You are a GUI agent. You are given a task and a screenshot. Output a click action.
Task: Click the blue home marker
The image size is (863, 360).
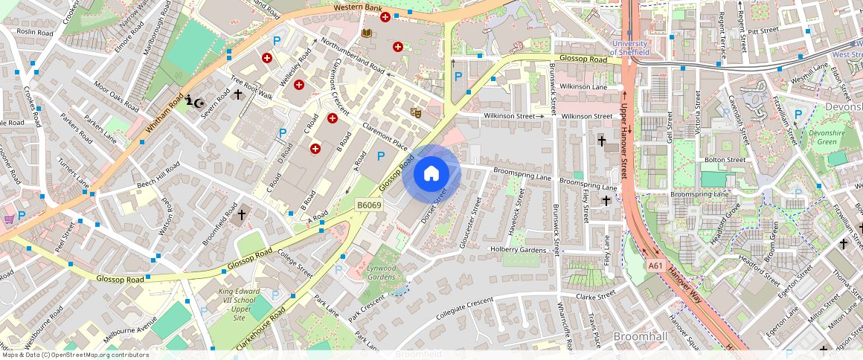pyautogui.click(x=431, y=175)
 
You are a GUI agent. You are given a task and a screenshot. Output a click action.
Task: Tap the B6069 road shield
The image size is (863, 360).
pyautogui.click(x=369, y=205)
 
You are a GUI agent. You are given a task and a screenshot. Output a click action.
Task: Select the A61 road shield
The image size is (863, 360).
pyautogui.click(x=654, y=266)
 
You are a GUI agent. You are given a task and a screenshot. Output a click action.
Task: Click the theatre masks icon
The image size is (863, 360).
pyautogui.click(x=416, y=112)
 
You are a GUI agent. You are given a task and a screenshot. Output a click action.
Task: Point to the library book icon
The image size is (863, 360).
pyautogui.click(x=365, y=33)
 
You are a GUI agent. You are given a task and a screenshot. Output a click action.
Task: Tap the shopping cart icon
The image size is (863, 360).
pyautogui.click(x=9, y=219)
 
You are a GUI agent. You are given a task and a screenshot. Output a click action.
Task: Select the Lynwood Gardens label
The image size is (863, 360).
pyautogui.click(x=382, y=271)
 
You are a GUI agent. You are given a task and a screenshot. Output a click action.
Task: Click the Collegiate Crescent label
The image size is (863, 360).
pyautogui.click(x=465, y=307)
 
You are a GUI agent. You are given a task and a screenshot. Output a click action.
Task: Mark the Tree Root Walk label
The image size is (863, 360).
pyautogui.click(x=251, y=89)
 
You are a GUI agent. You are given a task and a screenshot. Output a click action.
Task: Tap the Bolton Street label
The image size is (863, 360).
pyautogui.click(x=725, y=159)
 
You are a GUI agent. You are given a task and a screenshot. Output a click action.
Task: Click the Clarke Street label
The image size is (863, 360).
pyautogui.click(x=595, y=295)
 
